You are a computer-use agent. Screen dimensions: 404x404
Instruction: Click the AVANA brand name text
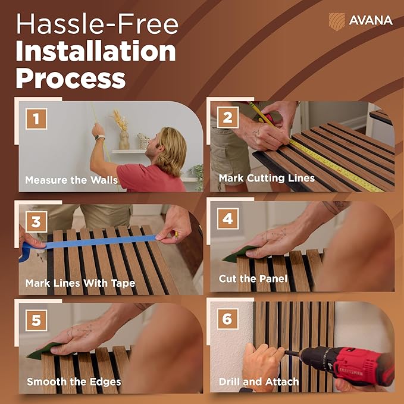[371, 20]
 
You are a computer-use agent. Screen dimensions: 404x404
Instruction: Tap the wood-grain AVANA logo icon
[337, 21]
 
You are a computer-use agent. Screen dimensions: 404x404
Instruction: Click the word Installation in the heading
[96, 51]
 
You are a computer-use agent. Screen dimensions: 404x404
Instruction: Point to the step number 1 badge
[36, 119]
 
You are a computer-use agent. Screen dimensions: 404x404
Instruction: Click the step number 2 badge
[228, 117]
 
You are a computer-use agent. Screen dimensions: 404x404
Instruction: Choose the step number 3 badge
[36, 222]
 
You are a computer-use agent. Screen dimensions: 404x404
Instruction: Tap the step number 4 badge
[228, 219]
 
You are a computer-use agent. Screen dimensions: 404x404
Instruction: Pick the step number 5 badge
[36, 320]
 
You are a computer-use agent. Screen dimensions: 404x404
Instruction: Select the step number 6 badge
[227, 319]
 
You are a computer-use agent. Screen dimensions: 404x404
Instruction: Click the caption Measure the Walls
[71, 180]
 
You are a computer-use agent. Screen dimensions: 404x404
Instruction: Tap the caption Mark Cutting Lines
[267, 178]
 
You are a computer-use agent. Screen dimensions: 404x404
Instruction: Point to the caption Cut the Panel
[253, 278]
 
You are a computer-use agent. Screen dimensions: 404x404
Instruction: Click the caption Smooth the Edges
[74, 381]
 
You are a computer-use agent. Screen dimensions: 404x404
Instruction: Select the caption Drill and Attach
[259, 381]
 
